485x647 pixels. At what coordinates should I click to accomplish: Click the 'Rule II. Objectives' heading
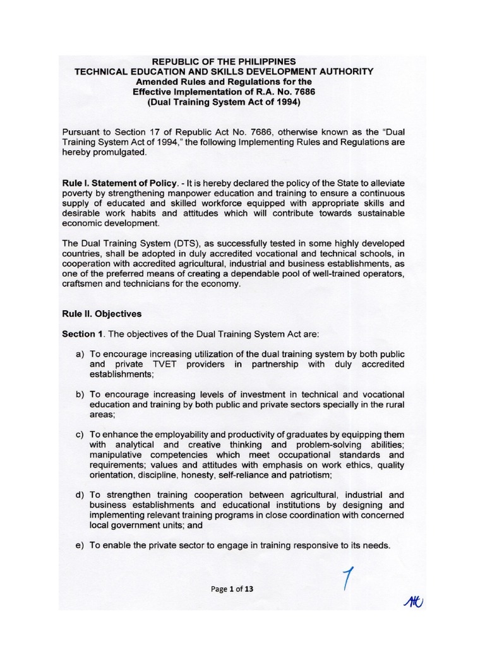click(101, 313)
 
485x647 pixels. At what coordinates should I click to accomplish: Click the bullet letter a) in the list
click(80, 354)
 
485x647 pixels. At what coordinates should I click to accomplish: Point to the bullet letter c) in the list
click(80, 435)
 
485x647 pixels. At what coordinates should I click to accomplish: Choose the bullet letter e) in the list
click(80, 546)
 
